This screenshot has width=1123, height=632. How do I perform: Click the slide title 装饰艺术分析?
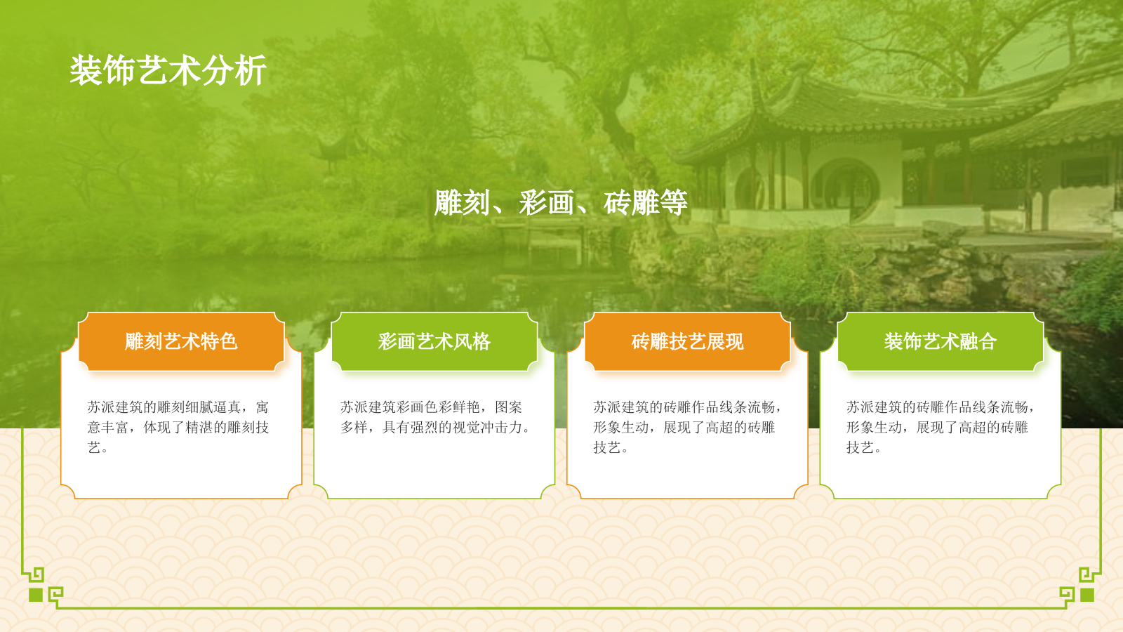(x=168, y=71)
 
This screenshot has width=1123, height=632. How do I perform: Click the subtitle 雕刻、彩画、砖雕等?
(x=561, y=203)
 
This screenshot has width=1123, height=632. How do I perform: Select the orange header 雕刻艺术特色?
(x=181, y=342)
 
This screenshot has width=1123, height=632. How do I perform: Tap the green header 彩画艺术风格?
(x=434, y=342)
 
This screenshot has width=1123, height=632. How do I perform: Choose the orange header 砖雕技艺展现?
(x=687, y=342)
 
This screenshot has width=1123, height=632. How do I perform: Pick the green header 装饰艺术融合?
(x=941, y=342)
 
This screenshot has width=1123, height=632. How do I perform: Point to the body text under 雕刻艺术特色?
(x=178, y=427)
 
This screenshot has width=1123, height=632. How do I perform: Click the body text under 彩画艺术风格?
(x=434, y=417)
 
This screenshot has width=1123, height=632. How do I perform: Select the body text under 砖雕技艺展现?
(x=686, y=427)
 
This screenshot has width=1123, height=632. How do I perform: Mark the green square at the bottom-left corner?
(x=36, y=595)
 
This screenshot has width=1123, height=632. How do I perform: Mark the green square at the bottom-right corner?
(x=1087, y=595)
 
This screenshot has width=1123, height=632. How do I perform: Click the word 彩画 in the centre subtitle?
(x=547, y=203)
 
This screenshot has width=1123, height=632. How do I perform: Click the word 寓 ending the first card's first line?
(x=262, y=407)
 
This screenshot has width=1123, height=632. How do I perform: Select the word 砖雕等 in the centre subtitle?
(x=645, y=203)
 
